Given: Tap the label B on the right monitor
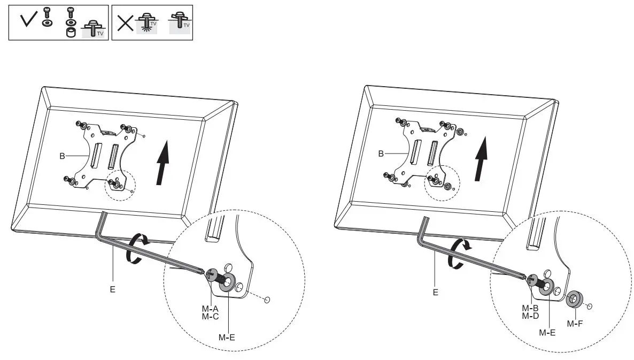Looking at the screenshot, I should pos(381,154).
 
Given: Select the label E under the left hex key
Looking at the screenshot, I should pos(113,289).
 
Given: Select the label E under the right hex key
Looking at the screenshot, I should pos(435,292).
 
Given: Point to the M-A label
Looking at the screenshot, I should pos(210,309).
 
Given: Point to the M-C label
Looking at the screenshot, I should pos(210,317).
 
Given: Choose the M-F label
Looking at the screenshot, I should pos(574,324).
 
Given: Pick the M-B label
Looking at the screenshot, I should pos(530,308).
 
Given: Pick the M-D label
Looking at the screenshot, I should pos(530,316).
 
